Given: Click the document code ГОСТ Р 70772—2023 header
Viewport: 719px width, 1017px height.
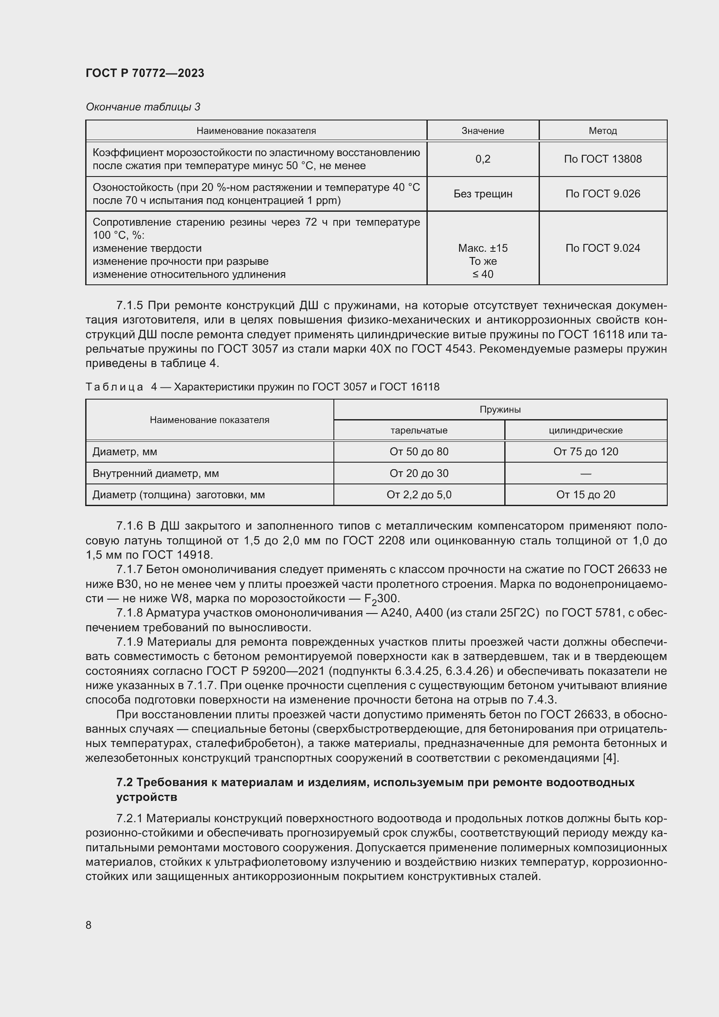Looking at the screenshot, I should [145, 73].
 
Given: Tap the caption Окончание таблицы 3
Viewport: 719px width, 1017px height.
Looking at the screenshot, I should [143, 107].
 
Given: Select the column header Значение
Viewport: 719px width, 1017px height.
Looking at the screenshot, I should [483, 131].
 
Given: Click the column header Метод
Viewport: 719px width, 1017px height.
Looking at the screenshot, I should [602, 131].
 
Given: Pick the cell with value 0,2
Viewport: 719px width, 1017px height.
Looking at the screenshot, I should [483, 159].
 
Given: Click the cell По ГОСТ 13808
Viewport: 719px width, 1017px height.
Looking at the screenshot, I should [602, 159].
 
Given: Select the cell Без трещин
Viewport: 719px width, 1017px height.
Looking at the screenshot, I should [483, 193].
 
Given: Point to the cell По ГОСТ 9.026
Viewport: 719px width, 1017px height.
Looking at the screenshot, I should [602, 193].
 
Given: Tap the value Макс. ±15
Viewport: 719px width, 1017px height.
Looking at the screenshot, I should [483, 248].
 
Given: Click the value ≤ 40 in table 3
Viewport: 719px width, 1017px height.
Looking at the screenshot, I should [483, 274].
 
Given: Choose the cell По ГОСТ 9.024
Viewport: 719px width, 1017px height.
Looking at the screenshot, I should [602, 248].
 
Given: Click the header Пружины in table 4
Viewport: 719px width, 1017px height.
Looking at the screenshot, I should [500, 409].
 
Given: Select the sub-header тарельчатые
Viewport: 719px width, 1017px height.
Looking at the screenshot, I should [419, 430].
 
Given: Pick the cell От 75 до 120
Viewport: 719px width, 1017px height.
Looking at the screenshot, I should [586, 451].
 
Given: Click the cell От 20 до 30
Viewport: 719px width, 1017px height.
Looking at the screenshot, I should [419, 473].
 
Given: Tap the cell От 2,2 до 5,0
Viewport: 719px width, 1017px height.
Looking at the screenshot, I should [419, 494].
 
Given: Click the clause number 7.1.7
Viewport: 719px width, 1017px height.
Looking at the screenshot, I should [129, 569].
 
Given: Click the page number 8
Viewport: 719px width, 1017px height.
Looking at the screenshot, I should [89, 925].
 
